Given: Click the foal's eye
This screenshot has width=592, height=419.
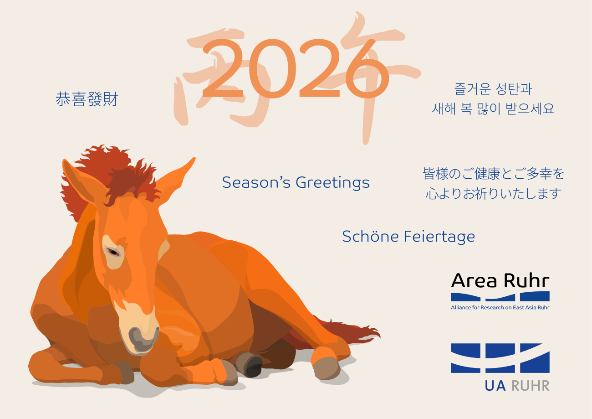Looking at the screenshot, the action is tap(113, 251).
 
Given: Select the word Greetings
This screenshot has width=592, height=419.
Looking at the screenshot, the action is tap(332, 183).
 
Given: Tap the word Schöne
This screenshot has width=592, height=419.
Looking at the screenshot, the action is tap(370, 236).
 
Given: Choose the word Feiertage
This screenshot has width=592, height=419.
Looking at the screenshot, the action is tap(439, 237).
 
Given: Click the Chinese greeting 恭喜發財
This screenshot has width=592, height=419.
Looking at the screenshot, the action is tap(87, 99).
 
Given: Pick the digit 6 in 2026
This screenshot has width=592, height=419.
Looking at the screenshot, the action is tap(367, 69).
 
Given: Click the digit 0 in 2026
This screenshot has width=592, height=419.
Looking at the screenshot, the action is tap(272, 69).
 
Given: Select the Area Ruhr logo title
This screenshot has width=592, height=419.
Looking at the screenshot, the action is tap(500, 280).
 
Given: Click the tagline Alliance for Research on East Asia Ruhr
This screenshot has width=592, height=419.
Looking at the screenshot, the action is tap(500, 307).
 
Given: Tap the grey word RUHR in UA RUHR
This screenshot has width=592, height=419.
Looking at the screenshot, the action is tap(531, 386).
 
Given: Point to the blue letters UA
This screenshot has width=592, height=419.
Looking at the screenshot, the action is tap(495, 386).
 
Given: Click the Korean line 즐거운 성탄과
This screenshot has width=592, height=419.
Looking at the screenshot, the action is tap(493, 89).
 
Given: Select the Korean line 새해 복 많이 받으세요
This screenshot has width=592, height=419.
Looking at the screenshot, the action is tap(493, 109).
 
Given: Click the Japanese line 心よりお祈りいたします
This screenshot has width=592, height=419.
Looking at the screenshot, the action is tap(493, 193).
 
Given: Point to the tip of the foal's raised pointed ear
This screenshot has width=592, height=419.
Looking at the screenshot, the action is tap(195, 158).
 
